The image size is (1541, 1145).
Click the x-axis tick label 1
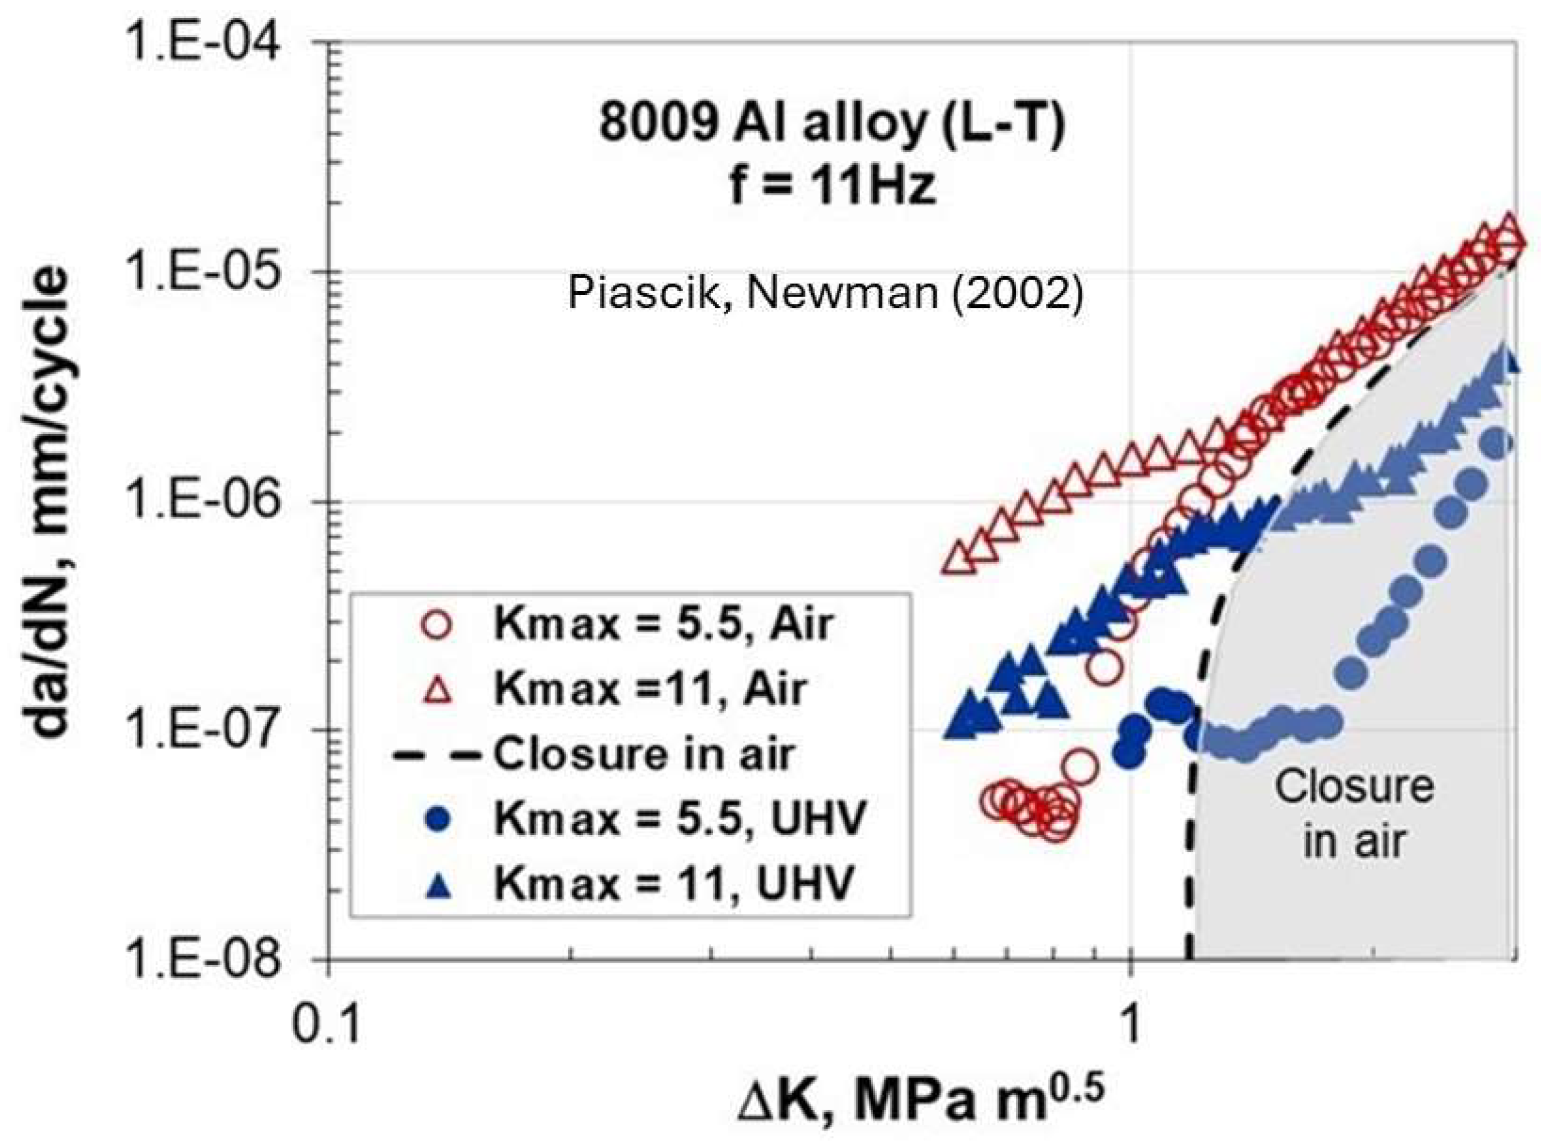point(1130,1024)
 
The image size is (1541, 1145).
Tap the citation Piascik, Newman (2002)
point(825,292)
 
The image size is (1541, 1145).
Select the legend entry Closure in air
point(642,754)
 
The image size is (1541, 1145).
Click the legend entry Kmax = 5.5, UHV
point(679,820)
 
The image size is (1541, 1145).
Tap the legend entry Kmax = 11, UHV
point(672,885)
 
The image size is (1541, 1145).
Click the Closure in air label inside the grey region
point(1354,814)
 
